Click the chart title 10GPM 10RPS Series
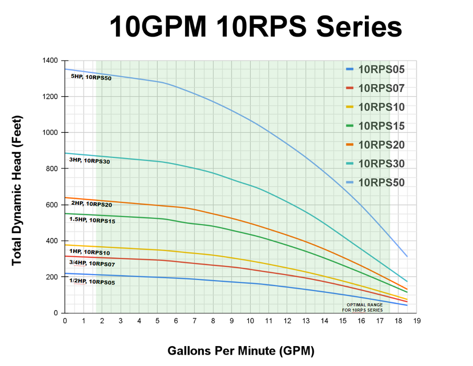pyautogui.click(x=256, y=26)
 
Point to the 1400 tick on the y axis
pyautogui.click(x=50, y=61)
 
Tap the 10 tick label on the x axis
pyautogui.click(x=250, y=321)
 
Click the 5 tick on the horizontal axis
pyautogui.click(x=157, y=321)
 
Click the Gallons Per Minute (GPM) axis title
pyautogui.click(x=241, y=350)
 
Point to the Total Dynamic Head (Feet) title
pyautogui.click(x=17, y=187)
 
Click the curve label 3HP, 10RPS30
pyautogui.click(x=89, y=161)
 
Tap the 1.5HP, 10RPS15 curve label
pyautogui.click(x=92, y=220)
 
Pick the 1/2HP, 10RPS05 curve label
pyautogui.click(x=92, y=282)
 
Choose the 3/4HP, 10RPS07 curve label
pyautogui.click(x=92, y=264)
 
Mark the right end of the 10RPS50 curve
pyautogui.click(x=407, y=256)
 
